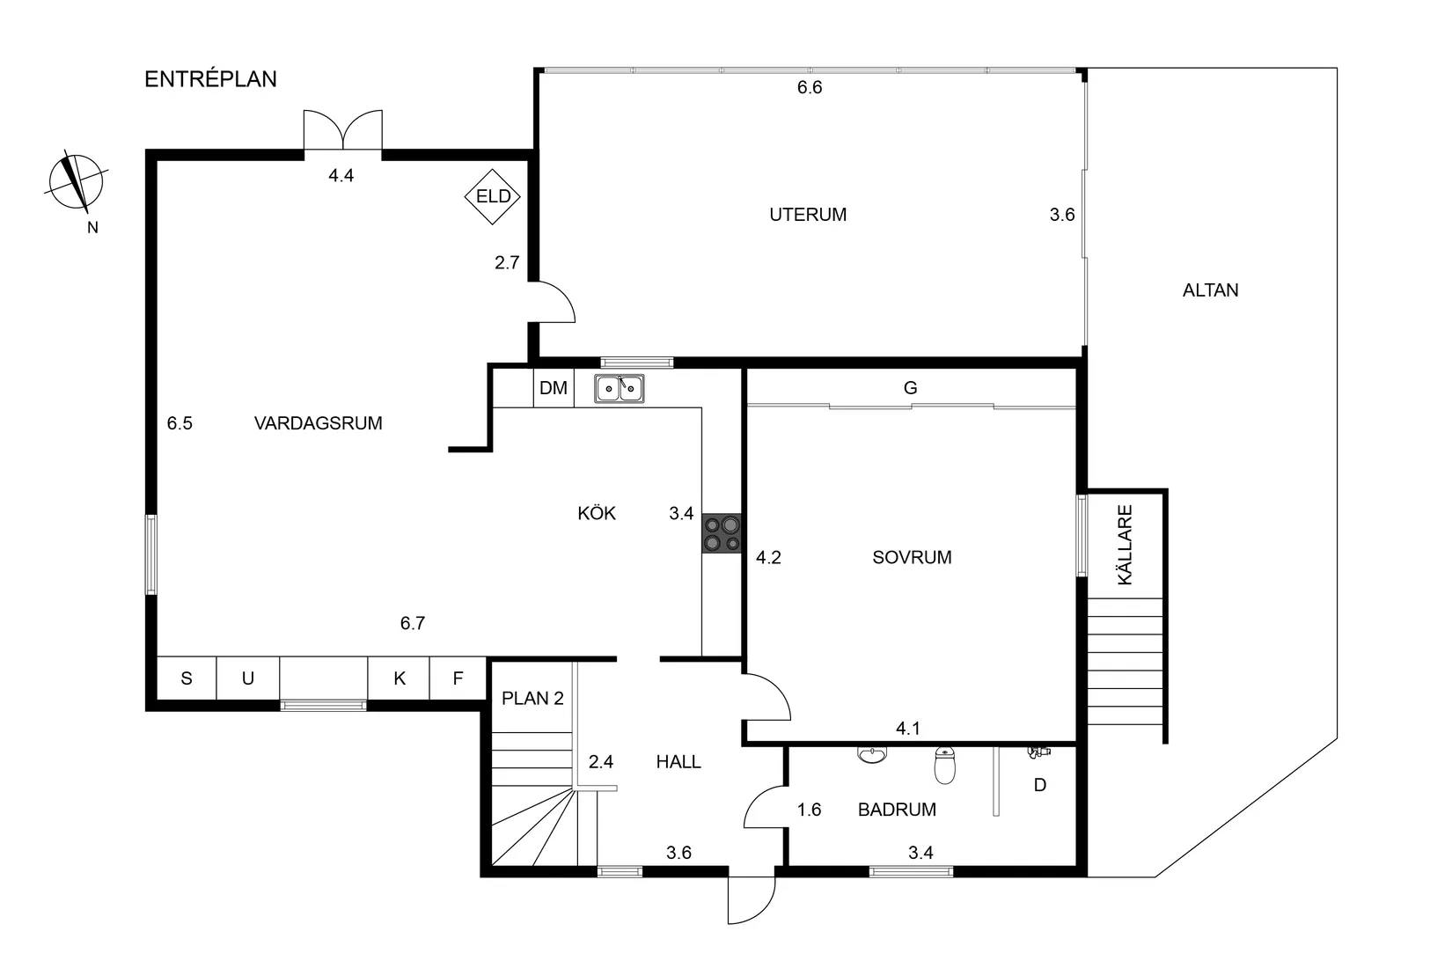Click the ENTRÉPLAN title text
(210, 79)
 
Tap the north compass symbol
(77, 183)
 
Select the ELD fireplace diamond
(493, 196)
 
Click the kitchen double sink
(619, 388)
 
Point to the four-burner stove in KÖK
(722, 533)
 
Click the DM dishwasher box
(554, 388)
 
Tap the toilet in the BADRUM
(944, 766)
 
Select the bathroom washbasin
(872, 755)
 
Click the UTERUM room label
(808, 215)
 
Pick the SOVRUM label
(912, 557)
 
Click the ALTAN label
(1210, 290)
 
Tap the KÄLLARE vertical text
(1125, 545)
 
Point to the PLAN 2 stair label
(532, 699)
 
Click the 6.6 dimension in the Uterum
(810, 87)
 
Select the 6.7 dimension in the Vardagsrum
(413, 623)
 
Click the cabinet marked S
(187, 678)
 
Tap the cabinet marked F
(458, 678)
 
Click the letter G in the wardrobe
(911, 388)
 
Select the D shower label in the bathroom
(1040, 785)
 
